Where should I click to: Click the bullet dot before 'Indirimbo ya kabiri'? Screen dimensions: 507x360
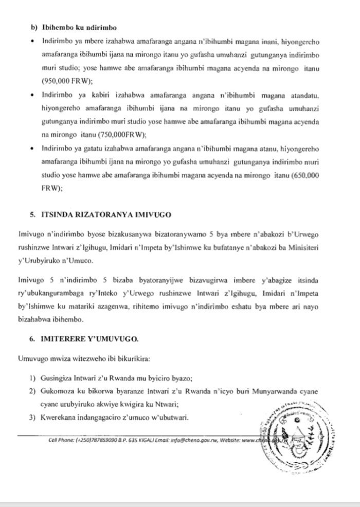pyautogui.click(x=33, y=95)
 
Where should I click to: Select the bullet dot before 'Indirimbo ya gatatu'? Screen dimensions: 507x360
pyautogui.click(x=33, y=149)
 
